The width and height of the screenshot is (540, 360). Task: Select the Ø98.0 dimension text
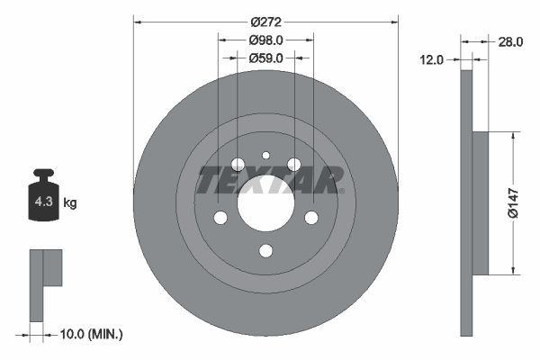(265, 40)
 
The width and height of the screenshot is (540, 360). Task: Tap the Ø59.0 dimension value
(265, 58)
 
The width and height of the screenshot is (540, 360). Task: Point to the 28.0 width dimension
(510, 41)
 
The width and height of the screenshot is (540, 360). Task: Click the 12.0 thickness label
(433, 59)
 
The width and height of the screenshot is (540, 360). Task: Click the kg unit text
(70, 203)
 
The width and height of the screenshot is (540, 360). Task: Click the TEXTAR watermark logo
(269, 180)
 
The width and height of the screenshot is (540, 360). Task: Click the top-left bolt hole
(238, 165)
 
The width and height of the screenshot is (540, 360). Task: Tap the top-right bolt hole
(293, 164)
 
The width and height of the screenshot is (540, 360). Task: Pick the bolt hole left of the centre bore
(220, 218)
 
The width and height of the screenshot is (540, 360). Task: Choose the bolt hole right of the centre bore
(311, 217)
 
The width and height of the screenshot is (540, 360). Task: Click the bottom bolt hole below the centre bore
(265, 250)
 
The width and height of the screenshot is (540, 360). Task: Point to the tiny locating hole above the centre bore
(265, 156)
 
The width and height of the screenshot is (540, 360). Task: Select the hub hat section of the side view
(480, 202)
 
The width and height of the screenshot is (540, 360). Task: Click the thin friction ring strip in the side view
(466, 202)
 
